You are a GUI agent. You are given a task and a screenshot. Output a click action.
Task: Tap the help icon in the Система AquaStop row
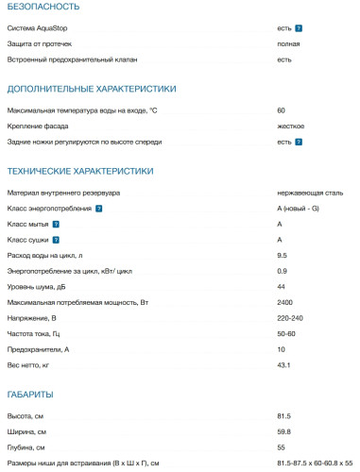(299, 29)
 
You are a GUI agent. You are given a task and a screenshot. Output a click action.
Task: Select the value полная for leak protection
(289, 43)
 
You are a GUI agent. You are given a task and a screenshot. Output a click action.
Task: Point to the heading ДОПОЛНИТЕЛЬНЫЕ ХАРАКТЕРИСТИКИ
(91, 89)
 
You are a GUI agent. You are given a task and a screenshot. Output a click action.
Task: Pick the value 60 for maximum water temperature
(282, 110)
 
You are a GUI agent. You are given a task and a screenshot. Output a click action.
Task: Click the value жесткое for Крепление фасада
(290, 126)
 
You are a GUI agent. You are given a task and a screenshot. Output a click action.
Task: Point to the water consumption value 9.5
(282, 255)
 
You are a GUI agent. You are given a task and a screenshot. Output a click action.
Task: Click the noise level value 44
(282, 286)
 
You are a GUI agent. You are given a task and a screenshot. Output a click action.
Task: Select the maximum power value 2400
(285, 302)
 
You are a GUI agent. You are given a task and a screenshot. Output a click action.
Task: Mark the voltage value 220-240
(290, 318)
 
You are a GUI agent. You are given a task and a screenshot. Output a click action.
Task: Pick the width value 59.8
(283, 431)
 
